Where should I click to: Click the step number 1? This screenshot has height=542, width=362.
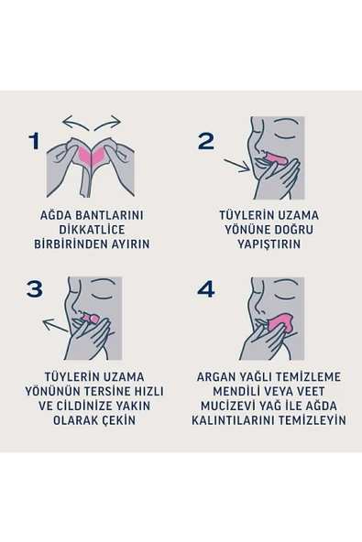pos(35,142)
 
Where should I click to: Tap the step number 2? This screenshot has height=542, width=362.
pos(205,141)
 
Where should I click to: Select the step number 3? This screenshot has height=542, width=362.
pos(35,289)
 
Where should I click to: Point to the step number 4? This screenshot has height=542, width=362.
pos(205,289)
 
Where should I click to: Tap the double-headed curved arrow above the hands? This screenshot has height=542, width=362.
pos(92,121)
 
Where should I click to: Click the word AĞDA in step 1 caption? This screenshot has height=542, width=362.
pos(47,215)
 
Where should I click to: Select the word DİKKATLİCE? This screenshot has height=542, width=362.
pos(92,230)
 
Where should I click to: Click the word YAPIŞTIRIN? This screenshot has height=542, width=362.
pos(269,244)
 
